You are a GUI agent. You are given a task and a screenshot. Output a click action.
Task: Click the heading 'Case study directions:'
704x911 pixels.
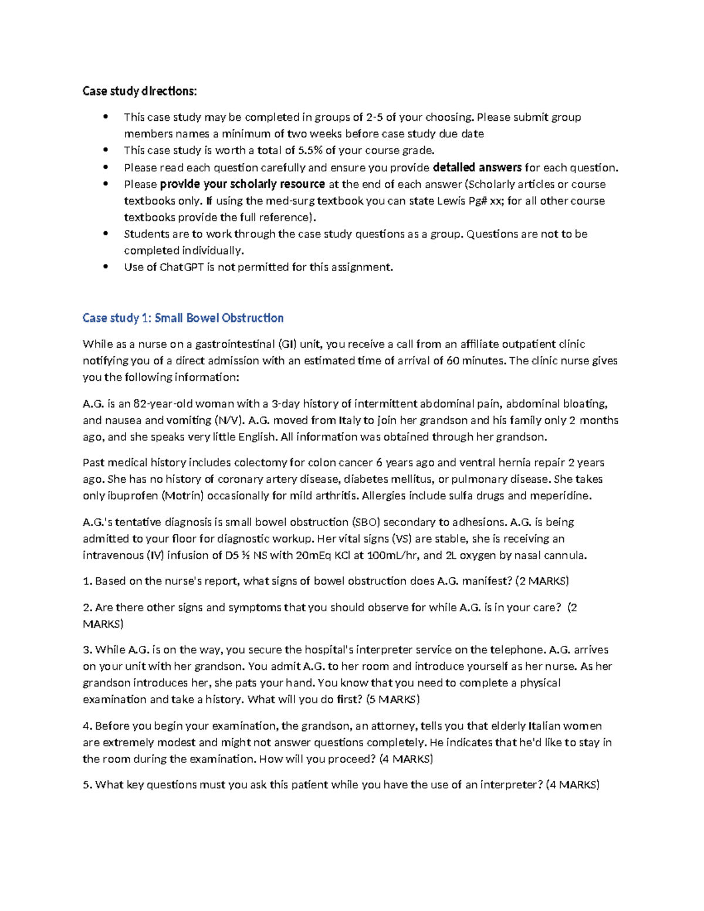(140, 91)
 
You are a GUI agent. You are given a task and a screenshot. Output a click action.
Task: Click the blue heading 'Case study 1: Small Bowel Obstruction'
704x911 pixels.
(183, 318)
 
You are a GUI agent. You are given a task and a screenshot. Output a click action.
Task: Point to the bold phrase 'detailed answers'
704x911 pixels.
(476, 168)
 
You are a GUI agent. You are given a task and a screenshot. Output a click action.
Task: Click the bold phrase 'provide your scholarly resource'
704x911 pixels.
(242, 184)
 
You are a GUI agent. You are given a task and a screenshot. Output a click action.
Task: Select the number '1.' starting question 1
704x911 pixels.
(87, 581)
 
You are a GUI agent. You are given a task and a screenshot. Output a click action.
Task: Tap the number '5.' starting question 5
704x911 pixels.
(87, 785)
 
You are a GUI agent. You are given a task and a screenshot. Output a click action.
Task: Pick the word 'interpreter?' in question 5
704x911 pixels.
(511, 785)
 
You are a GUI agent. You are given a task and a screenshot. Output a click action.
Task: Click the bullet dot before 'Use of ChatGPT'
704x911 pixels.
(106, 266)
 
